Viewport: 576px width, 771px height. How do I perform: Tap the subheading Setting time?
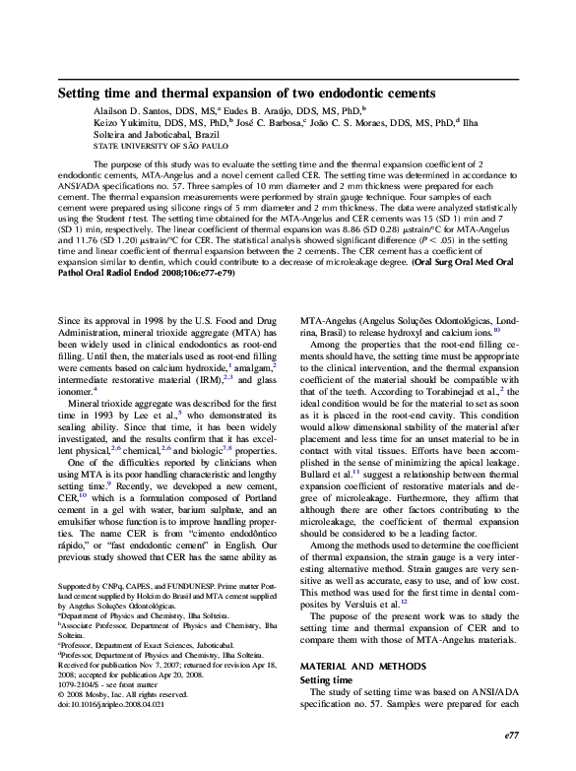point(326,653)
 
